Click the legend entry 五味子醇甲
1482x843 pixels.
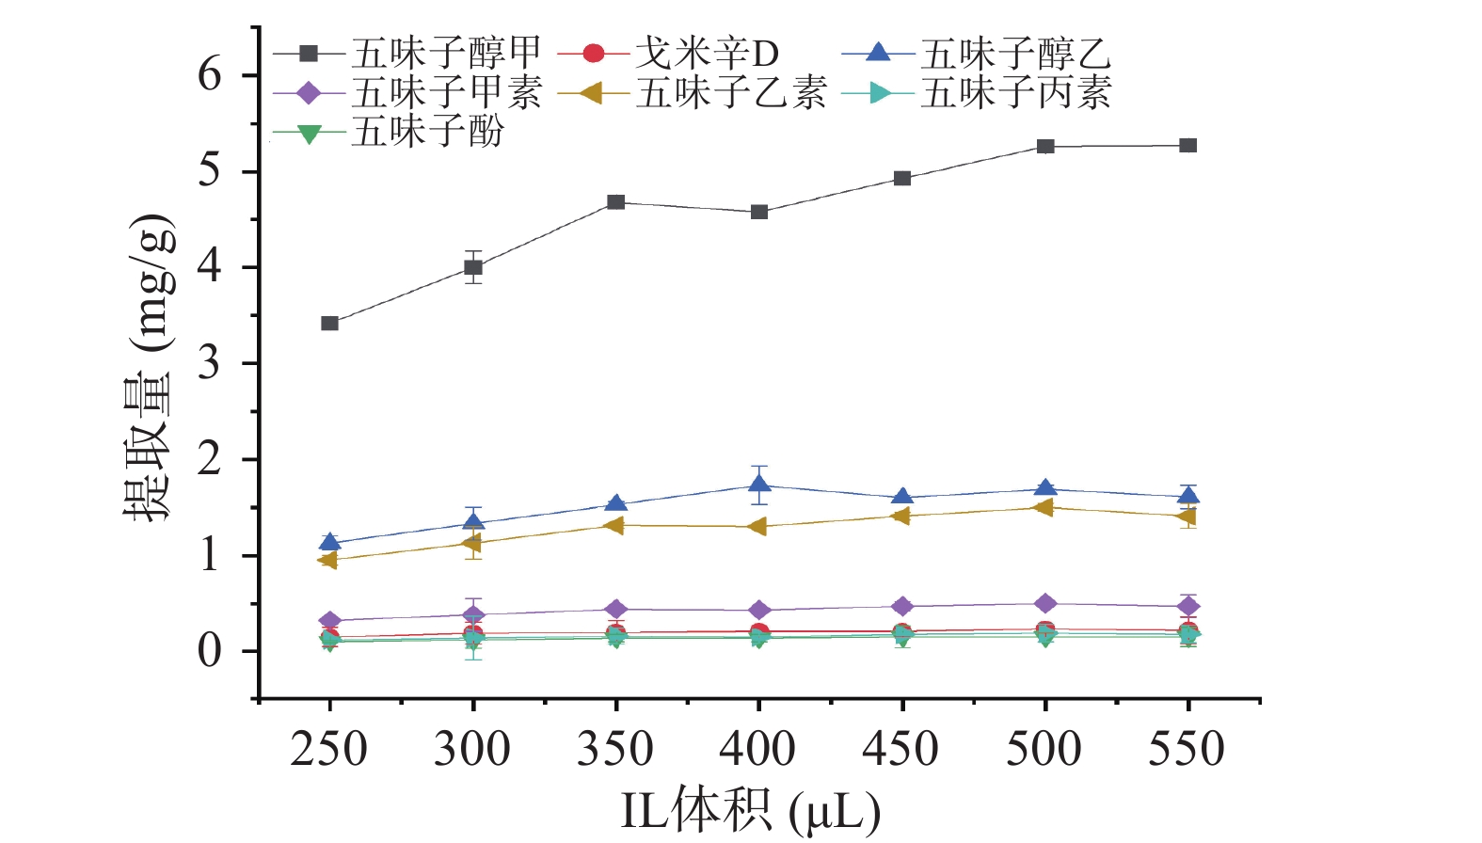tap(446, 54)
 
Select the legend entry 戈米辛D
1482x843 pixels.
tap(706, 54)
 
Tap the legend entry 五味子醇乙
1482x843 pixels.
tap(1015, 54)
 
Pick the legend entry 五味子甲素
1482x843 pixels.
tap(446, 92)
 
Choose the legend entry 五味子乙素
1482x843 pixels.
tap(731, 92)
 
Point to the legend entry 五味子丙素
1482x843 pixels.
tap(1015, 92)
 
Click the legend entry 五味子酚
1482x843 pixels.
tap(427, 132)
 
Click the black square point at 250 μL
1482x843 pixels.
tap(329, 324)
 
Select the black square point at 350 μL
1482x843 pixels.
tap(616, 202)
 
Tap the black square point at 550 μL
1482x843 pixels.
tap(1188, 146)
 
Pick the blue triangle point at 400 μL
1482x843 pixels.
tap(759, 485)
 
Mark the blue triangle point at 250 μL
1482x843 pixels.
tap(329, 542)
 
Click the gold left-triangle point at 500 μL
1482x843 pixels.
tap(1044, 508)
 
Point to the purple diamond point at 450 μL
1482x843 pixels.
tap(902, 606)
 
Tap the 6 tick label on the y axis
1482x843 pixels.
tap(209, 75)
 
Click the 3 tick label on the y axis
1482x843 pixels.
tap(209, 363)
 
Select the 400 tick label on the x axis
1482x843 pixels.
tap(757, 750)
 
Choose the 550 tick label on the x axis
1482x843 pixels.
tap(1187, 750)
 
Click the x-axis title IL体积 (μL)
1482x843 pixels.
tap(750, 810)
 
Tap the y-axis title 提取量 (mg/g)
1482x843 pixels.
tap(151, 367)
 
